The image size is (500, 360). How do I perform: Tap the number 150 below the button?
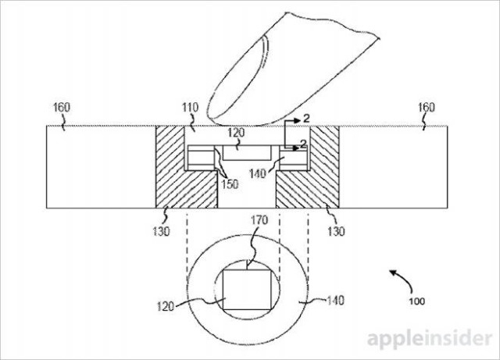(x=230, y=184)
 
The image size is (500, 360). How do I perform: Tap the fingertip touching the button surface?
(x=234, y=109)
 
